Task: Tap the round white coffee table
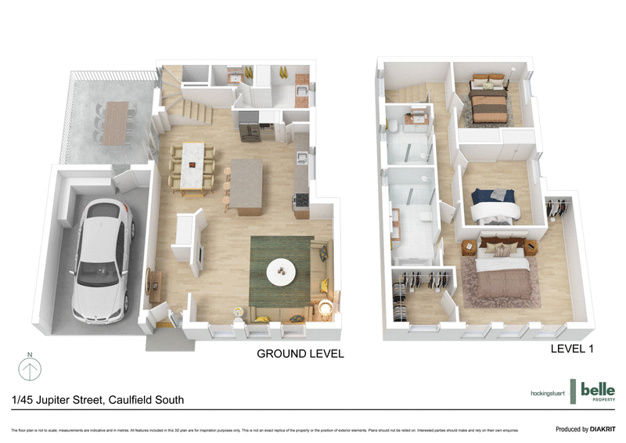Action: (x=282, y=272)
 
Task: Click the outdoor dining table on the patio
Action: (x=118, y=122)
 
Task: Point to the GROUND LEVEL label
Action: (x=300, y=354)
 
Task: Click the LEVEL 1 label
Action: (x=571, y=349)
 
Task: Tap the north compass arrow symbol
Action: (x=30, y=368)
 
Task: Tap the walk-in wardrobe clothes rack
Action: (x=420, y=286)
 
